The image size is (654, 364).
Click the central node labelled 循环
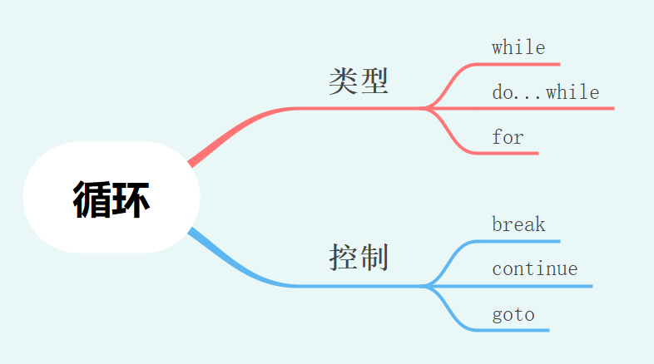[111, 198]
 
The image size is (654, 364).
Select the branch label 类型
[359, 81]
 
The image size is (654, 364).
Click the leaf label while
[518, 47]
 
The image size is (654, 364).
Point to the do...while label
[545, 92]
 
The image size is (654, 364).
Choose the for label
[508, 136]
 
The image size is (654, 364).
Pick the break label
[518, 224]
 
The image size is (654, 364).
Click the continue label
[534, 269]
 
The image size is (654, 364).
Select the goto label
[513, 314]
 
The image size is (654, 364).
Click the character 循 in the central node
[92, 199]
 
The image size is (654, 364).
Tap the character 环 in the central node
[131, 199]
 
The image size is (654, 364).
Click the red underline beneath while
[524, 64]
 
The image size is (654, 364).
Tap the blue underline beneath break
[524, 242]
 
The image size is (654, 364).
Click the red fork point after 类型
[426, 108]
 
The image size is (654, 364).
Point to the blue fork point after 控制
[426, 286]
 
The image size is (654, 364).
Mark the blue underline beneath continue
[541, 286]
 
